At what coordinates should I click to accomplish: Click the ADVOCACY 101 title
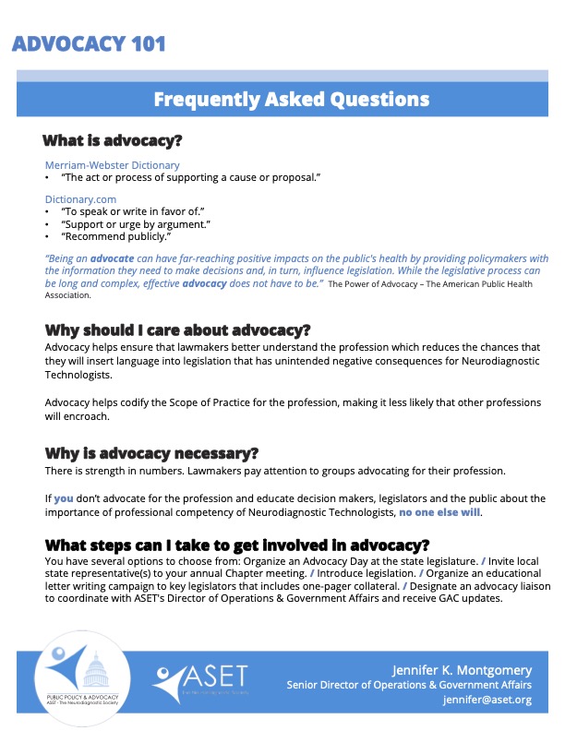(90, 44)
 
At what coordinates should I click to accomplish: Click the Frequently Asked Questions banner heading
(291, 100)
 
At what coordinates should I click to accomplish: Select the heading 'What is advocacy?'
(112, 142)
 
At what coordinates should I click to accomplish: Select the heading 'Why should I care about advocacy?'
(177, 330)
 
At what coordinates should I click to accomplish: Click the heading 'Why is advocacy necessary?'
(151, 453)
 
